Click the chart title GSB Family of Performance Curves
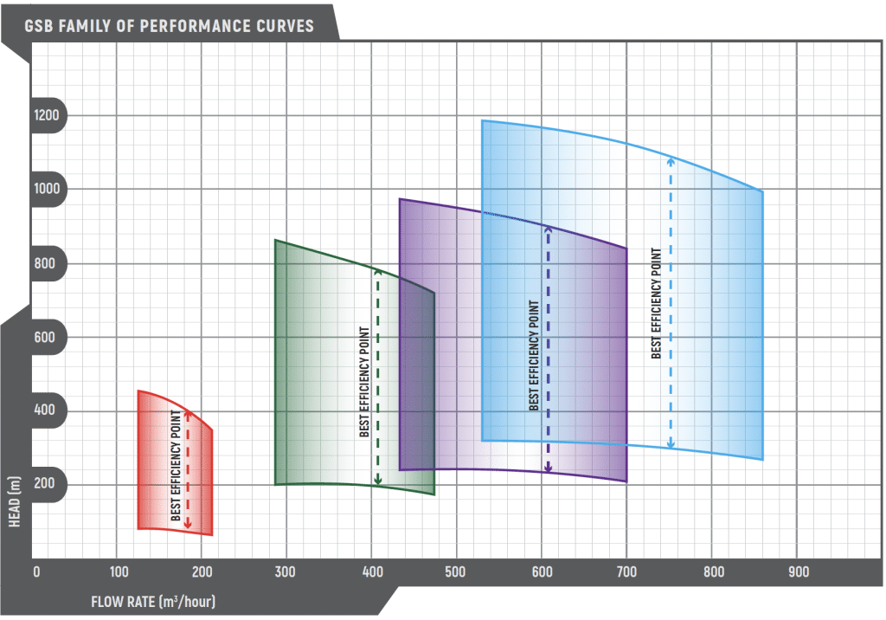pos(170,25)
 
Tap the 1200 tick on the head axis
pos(47,116)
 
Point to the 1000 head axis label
pos(47,189)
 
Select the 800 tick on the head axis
pos(47,263)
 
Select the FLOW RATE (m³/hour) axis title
pos(153,601)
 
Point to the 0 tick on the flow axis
pos(36,572)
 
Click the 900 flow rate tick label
pos(797,572)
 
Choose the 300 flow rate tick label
pos(286,572)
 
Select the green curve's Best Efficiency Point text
pos(363,382)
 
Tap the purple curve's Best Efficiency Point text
pos(534,356)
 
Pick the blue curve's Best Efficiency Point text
pos(657,303)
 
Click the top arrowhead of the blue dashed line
pos(671,159)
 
